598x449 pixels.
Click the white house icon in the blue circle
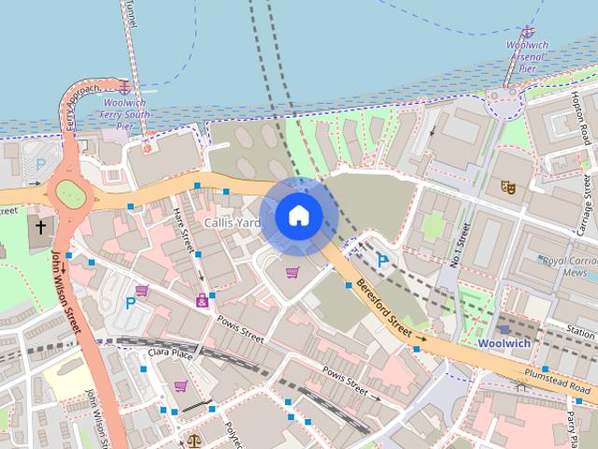298,216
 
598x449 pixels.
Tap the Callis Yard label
232,224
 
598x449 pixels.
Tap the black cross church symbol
40,226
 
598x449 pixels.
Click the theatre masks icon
507,187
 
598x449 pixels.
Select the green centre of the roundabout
70,194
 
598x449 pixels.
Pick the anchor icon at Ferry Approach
121,86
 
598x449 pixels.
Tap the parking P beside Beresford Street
382,261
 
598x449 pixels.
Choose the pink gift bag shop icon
202,300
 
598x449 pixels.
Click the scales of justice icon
193,440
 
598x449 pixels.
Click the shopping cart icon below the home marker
292,273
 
